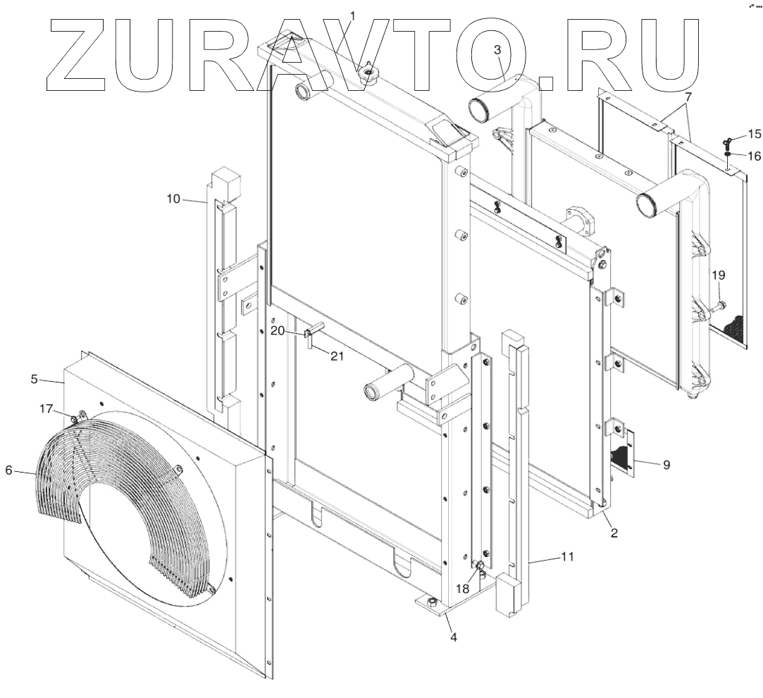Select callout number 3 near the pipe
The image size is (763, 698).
pos(497,51)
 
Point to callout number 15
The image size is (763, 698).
pos(754,133)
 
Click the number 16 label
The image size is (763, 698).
pos(754,156)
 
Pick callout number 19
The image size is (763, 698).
pos(717,275)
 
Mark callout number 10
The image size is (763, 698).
pos(173,199)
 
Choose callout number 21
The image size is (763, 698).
pos(337,356)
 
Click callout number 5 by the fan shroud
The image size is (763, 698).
pos(34,379)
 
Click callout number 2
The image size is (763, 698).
pos(614,533)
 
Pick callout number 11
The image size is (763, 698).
pos(567,556)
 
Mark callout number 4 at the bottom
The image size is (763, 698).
pos(454,638)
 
